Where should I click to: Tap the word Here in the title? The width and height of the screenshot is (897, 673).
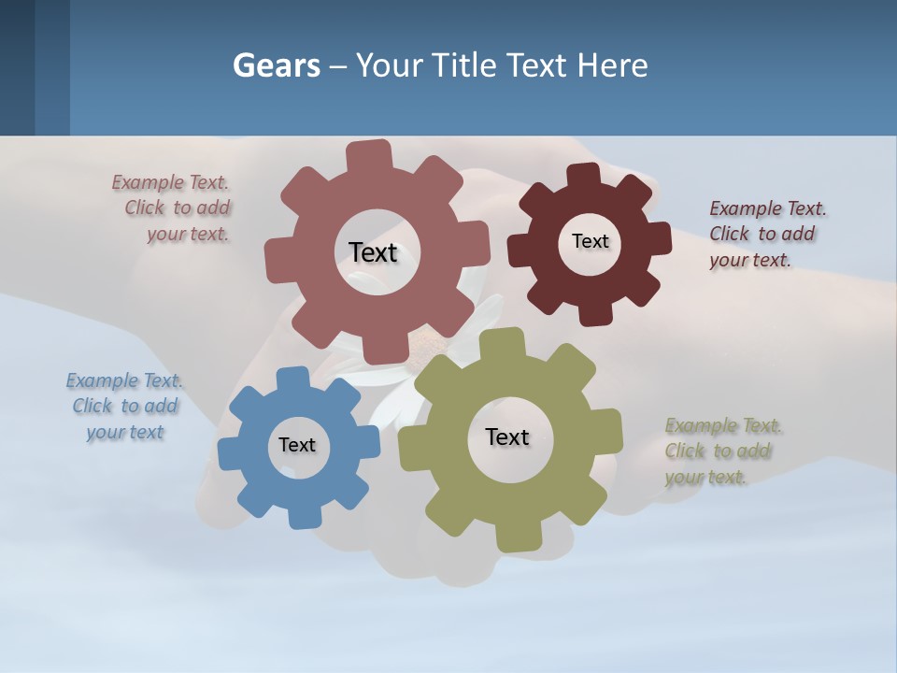612,65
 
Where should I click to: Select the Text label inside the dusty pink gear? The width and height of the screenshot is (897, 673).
373,252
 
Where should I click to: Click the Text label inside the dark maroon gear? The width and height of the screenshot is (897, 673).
590,241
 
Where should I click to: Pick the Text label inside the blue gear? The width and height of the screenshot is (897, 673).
297,445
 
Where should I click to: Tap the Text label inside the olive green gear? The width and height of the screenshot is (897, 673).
507,437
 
